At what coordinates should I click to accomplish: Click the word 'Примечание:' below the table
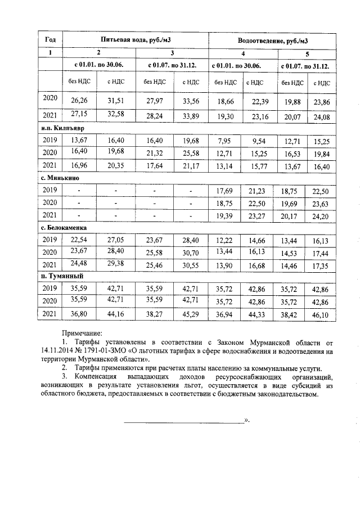tap(85, 334)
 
